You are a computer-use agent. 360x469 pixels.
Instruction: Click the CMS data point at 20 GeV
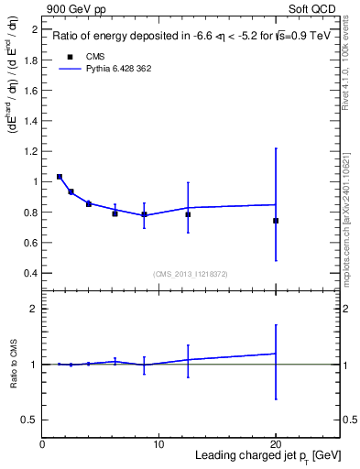coord(276,221)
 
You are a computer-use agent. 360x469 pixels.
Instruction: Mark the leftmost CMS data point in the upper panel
coord(60,177)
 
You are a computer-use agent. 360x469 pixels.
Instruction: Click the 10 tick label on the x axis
coord(158,444)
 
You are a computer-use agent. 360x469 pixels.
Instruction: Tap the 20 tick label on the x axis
coord(276,444)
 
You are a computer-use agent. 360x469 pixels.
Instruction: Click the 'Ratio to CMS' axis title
coord(13,364)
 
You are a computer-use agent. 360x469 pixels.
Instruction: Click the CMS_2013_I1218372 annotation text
coord(190,274)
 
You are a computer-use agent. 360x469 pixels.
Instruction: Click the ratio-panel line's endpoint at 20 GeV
coord(276,354)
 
